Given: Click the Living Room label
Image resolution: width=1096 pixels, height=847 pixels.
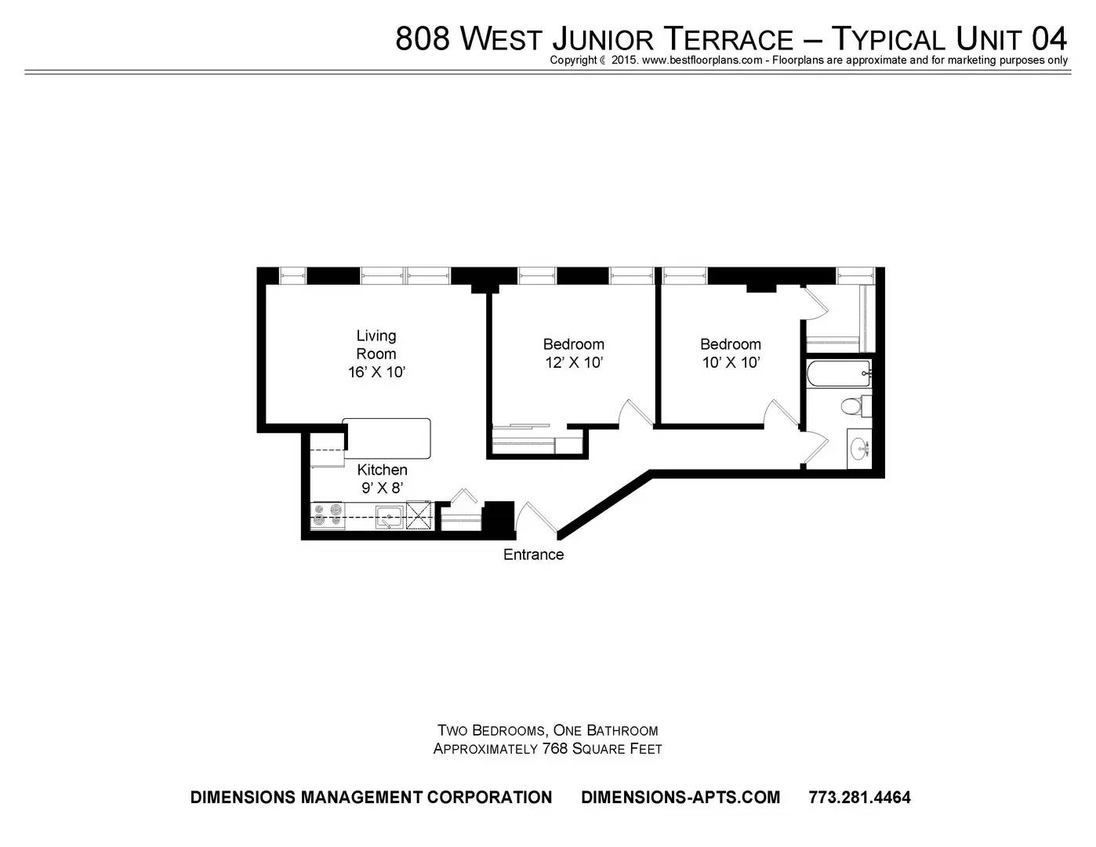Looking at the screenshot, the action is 376,344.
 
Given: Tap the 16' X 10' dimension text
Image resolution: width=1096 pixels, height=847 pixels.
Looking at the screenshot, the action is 376,373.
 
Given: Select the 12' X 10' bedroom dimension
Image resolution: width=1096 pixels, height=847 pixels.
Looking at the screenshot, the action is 573,362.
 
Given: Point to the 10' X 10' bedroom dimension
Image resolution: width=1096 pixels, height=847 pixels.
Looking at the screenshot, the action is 731,362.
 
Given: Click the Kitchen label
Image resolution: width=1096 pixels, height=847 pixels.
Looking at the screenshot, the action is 382,470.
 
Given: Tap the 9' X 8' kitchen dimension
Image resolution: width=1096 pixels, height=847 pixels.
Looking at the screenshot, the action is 383,488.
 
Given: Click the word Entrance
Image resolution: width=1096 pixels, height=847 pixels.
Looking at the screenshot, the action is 533,554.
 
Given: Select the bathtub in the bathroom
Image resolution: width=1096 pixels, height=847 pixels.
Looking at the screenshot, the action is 838,373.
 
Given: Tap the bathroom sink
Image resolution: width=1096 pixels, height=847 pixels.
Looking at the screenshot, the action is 859,448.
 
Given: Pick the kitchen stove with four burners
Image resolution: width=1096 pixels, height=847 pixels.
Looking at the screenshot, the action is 328,515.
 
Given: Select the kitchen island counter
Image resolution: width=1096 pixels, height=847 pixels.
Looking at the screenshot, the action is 387,438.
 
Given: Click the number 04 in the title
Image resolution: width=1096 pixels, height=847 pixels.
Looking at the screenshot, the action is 1048,39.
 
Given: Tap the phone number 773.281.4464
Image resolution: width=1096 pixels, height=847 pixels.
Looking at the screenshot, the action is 859,797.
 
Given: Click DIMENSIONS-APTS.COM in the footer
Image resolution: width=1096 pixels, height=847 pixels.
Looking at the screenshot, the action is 680,797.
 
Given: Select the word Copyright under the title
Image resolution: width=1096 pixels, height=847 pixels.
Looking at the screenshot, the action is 573,60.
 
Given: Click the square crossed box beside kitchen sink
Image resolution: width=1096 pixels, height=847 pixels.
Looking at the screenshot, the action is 419,515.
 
